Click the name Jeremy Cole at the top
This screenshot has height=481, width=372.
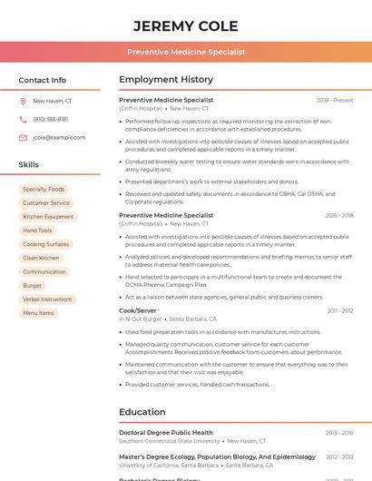point(185,25)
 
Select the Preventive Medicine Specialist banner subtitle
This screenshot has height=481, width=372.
point(185,52)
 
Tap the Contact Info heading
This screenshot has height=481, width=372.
point(42,80)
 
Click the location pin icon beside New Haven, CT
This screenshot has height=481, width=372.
point(23,101)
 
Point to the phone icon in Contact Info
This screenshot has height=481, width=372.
point(23,119)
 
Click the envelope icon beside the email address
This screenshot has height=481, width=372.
point(23,137)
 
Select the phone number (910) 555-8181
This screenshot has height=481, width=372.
point(50,119)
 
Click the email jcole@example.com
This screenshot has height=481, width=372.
point(59,137)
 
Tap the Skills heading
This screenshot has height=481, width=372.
point(29,164)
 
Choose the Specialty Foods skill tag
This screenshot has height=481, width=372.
point(44,189)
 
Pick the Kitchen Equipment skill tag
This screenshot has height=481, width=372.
point(48,217)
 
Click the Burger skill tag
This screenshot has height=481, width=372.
point(33,285)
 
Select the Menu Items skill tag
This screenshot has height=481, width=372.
point(38,313)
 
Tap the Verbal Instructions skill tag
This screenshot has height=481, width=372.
point(47,299)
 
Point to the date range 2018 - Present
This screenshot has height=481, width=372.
point(335,100)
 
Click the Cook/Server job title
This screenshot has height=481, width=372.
point(138,310)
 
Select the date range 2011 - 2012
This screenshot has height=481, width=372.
point(340,310)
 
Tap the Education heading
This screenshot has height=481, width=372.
point(142,412)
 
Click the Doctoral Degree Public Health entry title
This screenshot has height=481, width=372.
point(166,433)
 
